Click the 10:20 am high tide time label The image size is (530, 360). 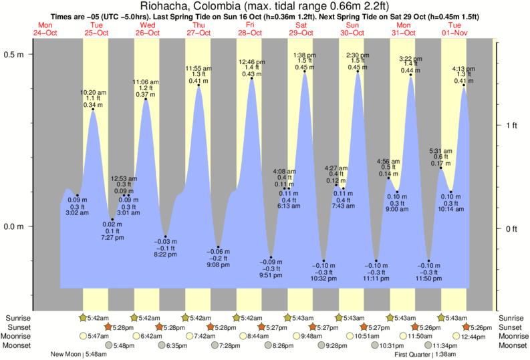(93, 92)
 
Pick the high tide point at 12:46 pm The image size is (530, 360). (252, 79)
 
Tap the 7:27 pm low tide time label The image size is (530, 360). (112, 237)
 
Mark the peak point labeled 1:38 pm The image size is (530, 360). (305, 72)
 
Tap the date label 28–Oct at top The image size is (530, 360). (249, 33)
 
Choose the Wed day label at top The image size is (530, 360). (147, 25)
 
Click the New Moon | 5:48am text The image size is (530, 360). (78, 354)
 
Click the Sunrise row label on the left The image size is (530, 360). (17, 319)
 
